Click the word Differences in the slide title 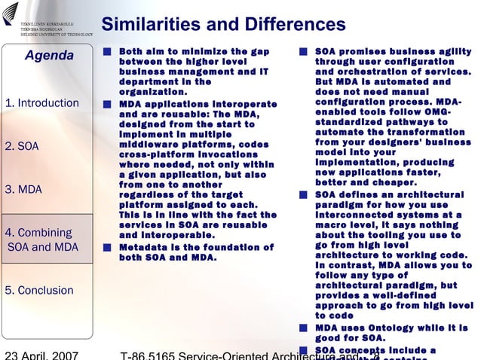(293, 25)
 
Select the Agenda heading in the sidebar (49, 56)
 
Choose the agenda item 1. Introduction (41, 102)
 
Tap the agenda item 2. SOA (22, 146)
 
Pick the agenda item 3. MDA (23, 189)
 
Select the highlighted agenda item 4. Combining (39, 233)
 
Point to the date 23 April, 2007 (43, 353)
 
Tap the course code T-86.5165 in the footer (158, 354)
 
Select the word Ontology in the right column (388, 328)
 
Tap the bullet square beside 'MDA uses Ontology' (303, 328)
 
